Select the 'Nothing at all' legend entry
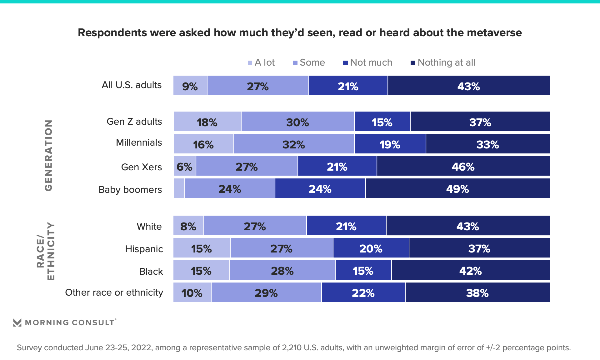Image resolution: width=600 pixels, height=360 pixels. pos(443,62)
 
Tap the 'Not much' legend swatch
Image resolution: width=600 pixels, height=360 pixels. pos(345,63)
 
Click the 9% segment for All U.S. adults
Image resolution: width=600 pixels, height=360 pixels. pos(190,86)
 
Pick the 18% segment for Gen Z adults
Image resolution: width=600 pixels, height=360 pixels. pos(207,122)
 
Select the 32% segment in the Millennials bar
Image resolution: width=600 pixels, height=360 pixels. pos(294,144)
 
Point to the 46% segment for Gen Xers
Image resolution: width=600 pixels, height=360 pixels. pos(463,166)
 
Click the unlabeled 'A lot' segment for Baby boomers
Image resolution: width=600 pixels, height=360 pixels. pos(179,188)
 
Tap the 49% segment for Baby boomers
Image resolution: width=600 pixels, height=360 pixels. pos(457,188)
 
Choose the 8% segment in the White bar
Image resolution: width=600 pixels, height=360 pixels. pos(188,226)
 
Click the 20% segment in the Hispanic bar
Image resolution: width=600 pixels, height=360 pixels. pos(371,248)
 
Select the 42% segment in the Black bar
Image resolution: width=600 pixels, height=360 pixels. pos(470,270)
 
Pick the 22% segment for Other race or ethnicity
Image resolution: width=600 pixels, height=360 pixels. pos(363,292)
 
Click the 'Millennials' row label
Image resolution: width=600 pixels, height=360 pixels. pos(139,142)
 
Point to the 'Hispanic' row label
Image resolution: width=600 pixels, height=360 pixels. pos(144,249)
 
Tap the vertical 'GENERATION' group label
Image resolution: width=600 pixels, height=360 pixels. pos(48,155)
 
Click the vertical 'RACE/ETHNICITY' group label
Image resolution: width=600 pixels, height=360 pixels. pos(46,251)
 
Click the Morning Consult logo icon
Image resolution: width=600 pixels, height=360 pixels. pos(17,322)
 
